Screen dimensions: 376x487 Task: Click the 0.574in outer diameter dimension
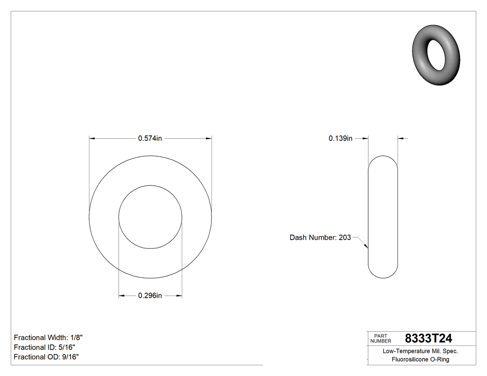[x=150, y=138]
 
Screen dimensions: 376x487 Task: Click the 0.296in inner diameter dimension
[x=150, y=296]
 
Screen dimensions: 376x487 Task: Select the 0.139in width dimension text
[x=341, y=138]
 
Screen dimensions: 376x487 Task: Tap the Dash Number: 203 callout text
[x=320, y=237]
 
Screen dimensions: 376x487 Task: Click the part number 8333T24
[x=429, y=338]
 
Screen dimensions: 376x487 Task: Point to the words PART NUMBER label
[x=381, y=338]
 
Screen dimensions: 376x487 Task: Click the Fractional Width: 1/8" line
[x=49, y=338]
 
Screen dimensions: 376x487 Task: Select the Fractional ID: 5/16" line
[x=45, y=347]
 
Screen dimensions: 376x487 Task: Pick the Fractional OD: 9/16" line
[x=46, y=357]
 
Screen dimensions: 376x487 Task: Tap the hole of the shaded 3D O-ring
[x=437, y=54]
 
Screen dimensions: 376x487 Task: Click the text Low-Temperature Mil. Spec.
[x=420, y=351]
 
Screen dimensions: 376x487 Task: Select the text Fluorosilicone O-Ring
[x=420, y=359]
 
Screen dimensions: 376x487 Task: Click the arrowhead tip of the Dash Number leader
[x=367, y=248]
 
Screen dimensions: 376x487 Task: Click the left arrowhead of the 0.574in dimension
[x=91, y=138]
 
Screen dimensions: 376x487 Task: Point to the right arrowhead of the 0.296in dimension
[x=179, y=296]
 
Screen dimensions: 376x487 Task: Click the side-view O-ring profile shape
[x=383, y=217]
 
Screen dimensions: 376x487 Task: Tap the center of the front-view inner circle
[x=150, y=217]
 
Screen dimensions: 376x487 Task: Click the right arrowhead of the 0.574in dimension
[x=209, y=138]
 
